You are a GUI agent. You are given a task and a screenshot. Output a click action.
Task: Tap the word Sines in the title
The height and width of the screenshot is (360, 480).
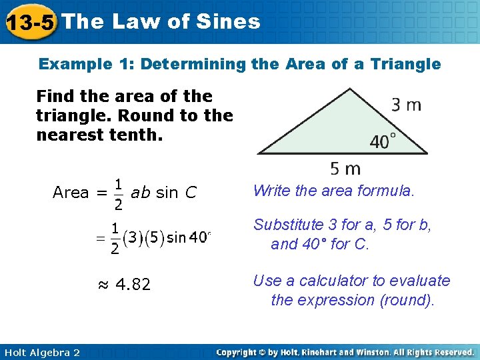[x=229, y=21]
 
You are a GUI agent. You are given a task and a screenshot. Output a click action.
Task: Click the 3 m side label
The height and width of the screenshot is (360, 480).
[x=406, y=105]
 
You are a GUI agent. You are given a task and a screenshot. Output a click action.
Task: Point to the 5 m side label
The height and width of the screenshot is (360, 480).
[x=345, y=169]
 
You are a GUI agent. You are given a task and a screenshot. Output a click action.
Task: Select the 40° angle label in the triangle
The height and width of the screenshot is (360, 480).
[x=383, y=141]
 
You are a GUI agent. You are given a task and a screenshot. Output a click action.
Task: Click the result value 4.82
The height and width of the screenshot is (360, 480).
[x=133, y=285]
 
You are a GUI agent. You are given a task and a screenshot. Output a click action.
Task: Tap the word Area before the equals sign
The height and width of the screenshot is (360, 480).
[x=71, y=193]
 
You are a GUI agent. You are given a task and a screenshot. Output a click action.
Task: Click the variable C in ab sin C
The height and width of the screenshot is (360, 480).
[x=191, y=193]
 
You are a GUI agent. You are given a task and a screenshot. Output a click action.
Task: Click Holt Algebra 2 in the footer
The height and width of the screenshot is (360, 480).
[x=41, y=352]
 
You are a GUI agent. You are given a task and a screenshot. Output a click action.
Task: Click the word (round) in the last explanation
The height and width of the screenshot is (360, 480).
[x=407, y=300]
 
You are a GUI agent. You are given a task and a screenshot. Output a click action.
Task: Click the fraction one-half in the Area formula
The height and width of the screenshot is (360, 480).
[x=117, y=193]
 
